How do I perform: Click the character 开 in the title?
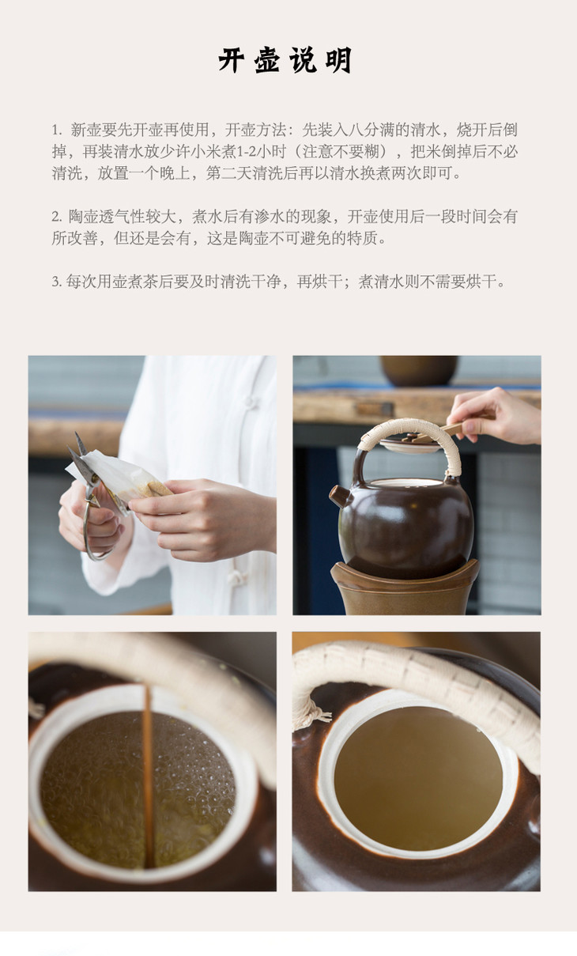232,60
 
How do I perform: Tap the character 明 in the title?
338,60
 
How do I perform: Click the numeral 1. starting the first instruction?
57,130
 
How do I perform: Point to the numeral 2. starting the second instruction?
57,217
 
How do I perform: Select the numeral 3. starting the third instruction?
57,282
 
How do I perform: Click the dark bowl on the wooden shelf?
419,370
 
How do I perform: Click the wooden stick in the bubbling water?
148,776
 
